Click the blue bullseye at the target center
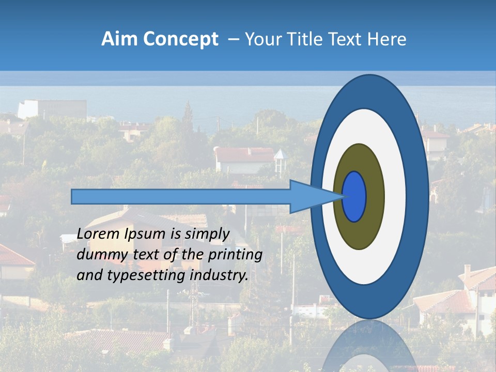(354, 196)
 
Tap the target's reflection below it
(369, 346)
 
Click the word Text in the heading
(346, 39)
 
